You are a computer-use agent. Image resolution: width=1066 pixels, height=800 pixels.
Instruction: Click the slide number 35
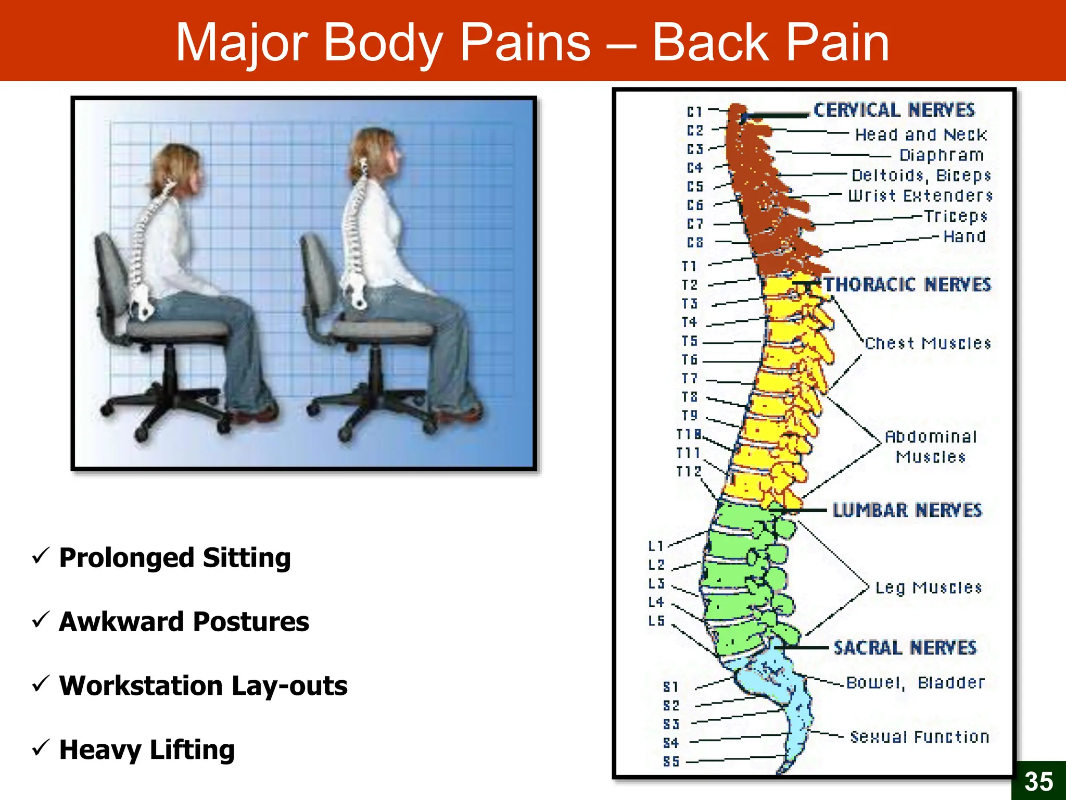1038,781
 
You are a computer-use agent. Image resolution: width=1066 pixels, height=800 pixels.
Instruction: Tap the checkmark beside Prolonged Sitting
41,556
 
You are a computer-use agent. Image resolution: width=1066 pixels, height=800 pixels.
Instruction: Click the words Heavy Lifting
147,750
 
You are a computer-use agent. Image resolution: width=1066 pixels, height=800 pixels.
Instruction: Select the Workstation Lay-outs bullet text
203,685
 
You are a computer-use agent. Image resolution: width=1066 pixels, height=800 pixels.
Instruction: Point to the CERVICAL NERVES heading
894,110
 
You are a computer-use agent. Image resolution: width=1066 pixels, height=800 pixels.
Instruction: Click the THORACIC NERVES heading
907,285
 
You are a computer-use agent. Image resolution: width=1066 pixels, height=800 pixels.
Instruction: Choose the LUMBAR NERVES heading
907,510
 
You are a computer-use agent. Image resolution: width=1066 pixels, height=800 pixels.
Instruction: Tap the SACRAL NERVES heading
905,648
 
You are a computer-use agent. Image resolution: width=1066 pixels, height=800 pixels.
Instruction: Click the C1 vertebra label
694,112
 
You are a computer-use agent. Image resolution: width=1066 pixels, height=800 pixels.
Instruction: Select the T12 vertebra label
689,472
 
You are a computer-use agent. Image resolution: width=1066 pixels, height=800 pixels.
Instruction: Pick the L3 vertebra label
656,584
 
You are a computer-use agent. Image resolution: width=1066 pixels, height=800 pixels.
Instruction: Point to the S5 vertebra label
671,762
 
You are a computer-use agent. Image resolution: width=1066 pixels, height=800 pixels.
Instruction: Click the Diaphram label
941,155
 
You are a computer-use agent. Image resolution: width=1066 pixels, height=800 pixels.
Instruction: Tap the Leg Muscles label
928,588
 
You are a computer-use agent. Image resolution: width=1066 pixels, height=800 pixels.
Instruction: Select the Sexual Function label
919,737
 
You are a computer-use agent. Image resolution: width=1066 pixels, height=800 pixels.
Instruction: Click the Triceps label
955,216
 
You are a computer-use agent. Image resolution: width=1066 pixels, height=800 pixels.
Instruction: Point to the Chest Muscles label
928,344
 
